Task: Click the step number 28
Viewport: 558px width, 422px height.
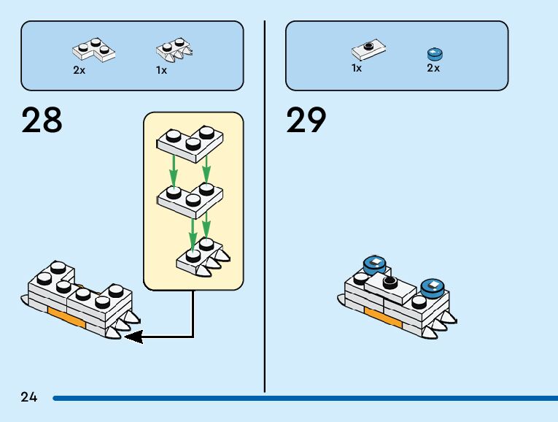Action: point(42,120)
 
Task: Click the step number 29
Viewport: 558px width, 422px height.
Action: point(306,120)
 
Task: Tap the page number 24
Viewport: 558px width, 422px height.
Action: point(29,398)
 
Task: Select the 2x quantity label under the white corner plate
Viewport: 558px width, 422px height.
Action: point(79,71)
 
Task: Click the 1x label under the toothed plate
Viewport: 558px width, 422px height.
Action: point(161,71)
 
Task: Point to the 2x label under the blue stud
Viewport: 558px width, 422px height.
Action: point(433,68)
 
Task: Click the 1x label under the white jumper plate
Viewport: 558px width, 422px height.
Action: point(357,68)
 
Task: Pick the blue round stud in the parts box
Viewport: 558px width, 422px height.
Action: point(435,53)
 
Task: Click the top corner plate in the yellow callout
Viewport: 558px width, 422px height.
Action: point(190,141)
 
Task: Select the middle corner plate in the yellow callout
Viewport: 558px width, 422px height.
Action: point(190,196)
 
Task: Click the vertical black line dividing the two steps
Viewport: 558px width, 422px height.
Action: point(264,219)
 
